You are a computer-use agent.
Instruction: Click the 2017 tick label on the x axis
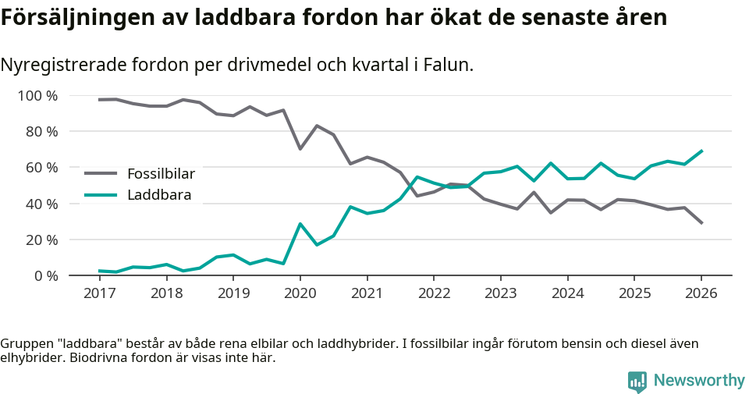99,293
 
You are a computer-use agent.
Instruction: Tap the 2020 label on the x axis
300,293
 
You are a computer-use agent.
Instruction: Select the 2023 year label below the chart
500,293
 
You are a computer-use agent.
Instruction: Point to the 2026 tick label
701,293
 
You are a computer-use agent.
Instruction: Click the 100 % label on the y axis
38,96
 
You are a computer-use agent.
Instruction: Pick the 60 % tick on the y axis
42,168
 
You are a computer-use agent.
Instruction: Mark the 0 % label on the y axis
46,275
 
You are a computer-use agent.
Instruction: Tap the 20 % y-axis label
42,240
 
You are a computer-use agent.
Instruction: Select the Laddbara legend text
159,195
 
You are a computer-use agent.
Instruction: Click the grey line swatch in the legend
101,173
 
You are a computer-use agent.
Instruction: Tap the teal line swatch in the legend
101,195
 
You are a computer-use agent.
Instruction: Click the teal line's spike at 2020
300,224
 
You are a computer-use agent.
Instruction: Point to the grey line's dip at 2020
300,149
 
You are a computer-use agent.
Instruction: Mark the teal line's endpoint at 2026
701,151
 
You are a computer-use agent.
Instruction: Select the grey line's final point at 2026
701,223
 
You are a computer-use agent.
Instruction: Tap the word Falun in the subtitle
449,66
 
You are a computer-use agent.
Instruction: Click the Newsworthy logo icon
637,381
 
